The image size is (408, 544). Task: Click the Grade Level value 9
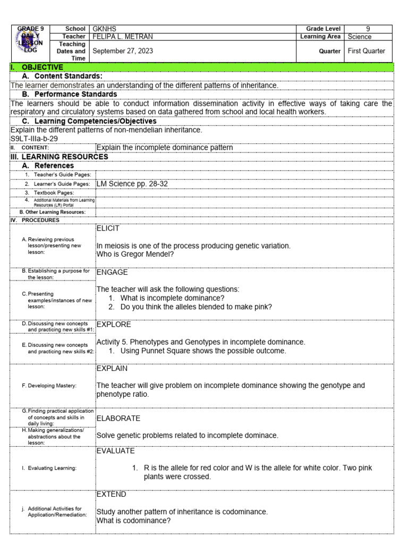coord(368,29)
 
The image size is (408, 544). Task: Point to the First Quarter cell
coord(367,51)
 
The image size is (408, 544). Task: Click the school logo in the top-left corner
coord(30,44)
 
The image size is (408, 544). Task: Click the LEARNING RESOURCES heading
coord(64,157)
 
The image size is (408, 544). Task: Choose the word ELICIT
coord(108,228)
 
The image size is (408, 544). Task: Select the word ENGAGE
coord(112,273)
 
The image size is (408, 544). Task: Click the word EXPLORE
coord(114,324)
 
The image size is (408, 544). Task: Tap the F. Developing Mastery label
coord(49,386)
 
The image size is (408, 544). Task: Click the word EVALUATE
coord(115,451)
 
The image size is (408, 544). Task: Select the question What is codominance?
coord(133,521)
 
